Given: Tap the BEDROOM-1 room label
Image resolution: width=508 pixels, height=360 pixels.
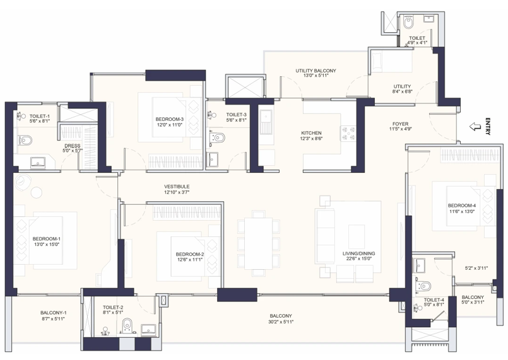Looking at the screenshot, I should point(47,239).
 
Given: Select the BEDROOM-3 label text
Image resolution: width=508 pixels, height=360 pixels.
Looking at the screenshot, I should point(169,119).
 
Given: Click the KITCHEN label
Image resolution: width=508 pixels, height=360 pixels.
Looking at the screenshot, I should point(311,132).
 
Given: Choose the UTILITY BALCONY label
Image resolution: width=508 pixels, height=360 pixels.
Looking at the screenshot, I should point(316,71).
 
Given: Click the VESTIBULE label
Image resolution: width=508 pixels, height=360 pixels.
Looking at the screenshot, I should point(177,187).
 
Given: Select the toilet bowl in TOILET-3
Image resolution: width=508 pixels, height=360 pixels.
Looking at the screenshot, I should point(218,137).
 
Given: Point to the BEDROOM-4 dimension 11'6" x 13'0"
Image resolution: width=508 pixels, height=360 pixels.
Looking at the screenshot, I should point(462,212).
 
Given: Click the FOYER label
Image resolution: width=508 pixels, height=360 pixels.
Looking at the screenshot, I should point(401,124).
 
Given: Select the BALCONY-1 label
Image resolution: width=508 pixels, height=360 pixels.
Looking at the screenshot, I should point(54,313).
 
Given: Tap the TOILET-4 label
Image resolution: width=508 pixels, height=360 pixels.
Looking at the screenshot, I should point(434,299).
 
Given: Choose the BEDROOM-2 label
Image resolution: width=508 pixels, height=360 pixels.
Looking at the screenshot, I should point(190,254).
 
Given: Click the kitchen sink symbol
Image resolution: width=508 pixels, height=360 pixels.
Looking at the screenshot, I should point(266,120).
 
